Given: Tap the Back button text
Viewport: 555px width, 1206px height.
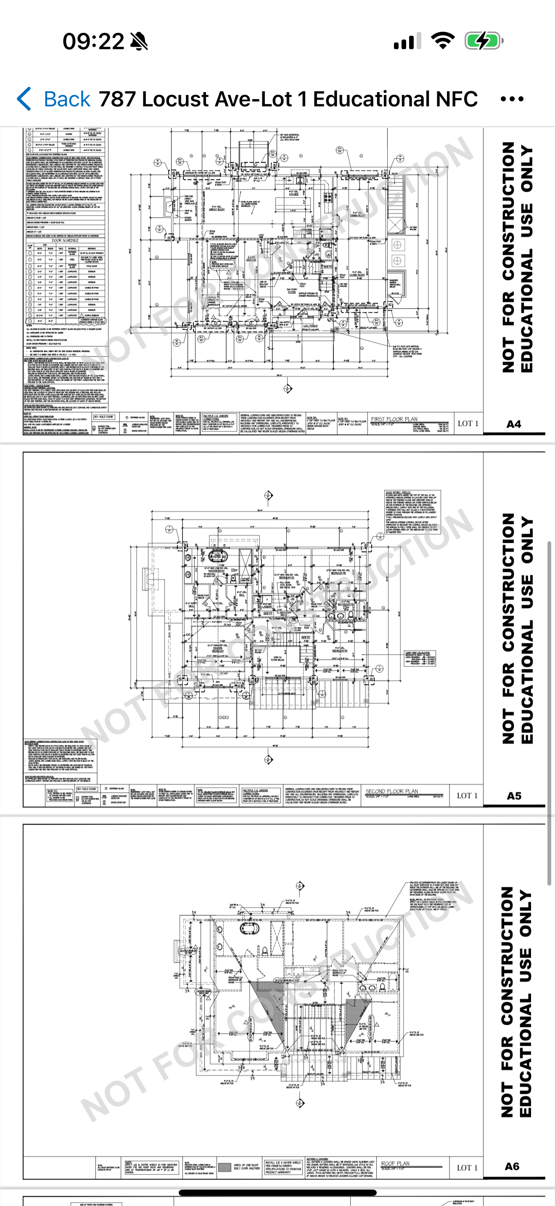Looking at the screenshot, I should pyautogui.click(x=67, y=99).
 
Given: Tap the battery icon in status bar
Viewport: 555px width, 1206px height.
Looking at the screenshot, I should pyautogui.click(x=484, y=41).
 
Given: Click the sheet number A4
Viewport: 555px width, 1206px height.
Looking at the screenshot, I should pyautogui.click(x=513, y=424).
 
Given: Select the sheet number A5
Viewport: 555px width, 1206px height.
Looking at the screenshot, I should pyautogui.click(x=513, y=796).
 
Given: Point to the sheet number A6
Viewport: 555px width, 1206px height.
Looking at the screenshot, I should pyautogui.click(x=512, y=1166).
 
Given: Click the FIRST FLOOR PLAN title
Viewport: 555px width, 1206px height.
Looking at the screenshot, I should pyautogui.click(x=394, y=420).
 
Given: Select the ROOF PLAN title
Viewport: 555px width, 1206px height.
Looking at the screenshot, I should pyautogui.click(x=395, y=1163).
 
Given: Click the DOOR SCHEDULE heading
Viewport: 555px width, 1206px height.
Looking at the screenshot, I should pyautogui.click(x=65, y=240).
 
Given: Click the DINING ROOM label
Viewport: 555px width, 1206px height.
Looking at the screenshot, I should pyautogui.click(x=357, y=215).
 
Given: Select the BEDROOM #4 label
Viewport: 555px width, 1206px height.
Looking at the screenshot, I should pyautogui.click(x=339, y=650).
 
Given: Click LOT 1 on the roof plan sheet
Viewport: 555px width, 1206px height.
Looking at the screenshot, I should pyautogui.click(x=467, y=1168).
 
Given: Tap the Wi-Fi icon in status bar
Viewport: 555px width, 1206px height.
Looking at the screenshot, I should pyautogui.click(x=443, y=41).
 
